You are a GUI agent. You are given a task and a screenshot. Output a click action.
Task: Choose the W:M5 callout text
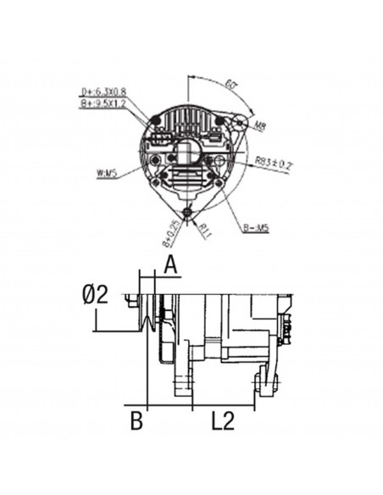click(107, 175)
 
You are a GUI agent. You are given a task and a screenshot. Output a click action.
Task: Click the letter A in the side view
click(171, 267)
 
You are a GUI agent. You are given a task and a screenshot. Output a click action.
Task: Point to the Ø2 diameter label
click(96, 296)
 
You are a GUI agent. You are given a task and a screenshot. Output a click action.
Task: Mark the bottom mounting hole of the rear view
click(188, 210)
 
